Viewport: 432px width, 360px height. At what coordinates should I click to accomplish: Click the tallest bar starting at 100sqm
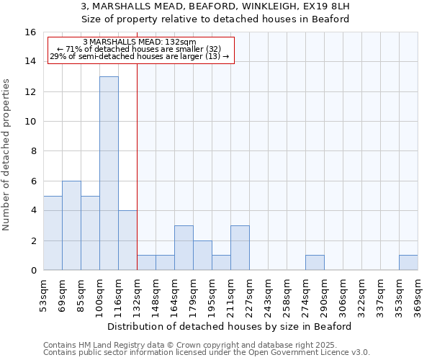[x=109, y=173]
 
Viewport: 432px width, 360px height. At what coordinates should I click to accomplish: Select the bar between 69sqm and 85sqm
[x=71, y=225]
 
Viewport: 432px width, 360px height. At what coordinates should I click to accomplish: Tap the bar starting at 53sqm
[x=53, y=233]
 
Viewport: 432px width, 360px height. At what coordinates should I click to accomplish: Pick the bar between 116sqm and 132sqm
[x=127, y=240]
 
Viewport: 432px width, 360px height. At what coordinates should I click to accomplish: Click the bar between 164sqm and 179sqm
[x=184, y=248]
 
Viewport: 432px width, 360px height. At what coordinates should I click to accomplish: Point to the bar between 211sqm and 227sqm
[x=240, y=248]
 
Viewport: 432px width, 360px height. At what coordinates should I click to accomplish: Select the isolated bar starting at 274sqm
[x=315, y=263]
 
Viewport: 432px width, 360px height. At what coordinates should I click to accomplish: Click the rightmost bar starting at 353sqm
[x=408, y=263]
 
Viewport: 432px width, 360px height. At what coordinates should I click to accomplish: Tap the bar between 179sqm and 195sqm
[x=202, y=256]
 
